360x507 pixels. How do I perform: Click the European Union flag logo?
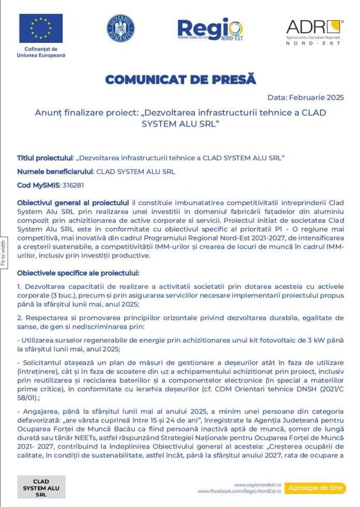(x=41, y=28)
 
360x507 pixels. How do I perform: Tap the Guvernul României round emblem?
(x=121, y=28)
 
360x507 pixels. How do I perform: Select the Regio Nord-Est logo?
(x=209, y=29)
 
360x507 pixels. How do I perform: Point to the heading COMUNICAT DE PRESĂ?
(x=181, y=80)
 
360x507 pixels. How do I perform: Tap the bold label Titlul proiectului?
(x=45, y=158)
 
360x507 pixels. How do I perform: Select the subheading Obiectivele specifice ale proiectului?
(x=78, y=272)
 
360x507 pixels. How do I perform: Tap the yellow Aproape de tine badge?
(x=316, y=487)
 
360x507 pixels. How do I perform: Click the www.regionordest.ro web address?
(x=257, y=485)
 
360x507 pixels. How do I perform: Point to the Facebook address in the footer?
(x=239, y=491)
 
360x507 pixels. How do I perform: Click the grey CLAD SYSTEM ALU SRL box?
(x=41, y=487)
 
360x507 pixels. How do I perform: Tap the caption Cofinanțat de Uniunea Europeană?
(x=41, y=52)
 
